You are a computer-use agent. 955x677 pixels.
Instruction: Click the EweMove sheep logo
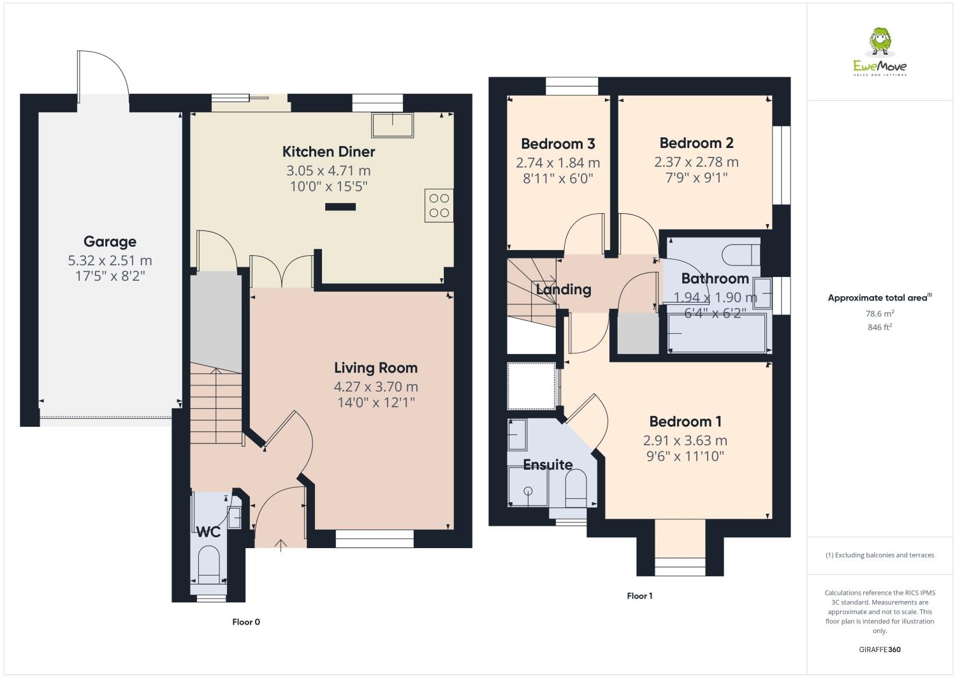click(880, 42)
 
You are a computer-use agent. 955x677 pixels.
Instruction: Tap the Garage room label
click(110, 242)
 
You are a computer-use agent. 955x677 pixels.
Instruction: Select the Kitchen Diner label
click(328, 152)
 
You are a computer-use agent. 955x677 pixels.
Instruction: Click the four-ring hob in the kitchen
click(439, 205)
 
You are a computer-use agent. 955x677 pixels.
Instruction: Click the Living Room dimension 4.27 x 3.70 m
click(375, 387)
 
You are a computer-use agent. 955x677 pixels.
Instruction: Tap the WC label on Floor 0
click(208, 532)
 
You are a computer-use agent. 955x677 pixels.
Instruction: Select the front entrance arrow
click(281, 544)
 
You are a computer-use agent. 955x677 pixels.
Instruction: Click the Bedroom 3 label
click(558, 144)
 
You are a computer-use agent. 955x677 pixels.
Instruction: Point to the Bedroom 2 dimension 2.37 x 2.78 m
click(696, 162)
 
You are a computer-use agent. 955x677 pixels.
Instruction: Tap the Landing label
click(563, 290)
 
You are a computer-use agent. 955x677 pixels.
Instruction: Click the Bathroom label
click(715, 279)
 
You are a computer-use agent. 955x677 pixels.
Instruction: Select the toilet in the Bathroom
click(741, 255)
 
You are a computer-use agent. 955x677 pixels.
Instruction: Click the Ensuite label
click(548, 465)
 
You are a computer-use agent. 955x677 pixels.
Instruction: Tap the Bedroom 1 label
click(685, 422)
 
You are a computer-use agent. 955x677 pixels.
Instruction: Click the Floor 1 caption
click(639, 596)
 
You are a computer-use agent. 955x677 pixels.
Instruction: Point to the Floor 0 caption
click(246, 622)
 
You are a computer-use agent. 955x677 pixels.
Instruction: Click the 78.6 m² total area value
click(879, 313)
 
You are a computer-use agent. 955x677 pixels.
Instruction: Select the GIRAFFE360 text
click(879, 650)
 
